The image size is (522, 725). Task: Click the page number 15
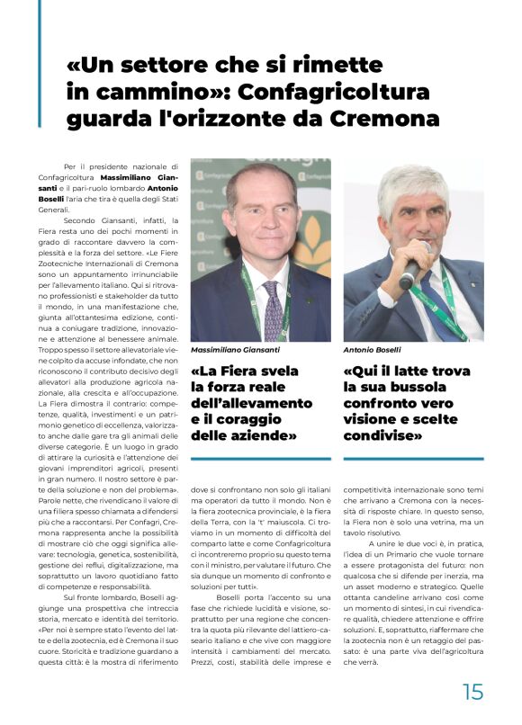(472, 691)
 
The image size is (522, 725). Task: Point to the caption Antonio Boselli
(372, 349)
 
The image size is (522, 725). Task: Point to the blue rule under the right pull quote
(413, 459)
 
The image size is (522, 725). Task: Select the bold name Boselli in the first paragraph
(83, 199)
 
